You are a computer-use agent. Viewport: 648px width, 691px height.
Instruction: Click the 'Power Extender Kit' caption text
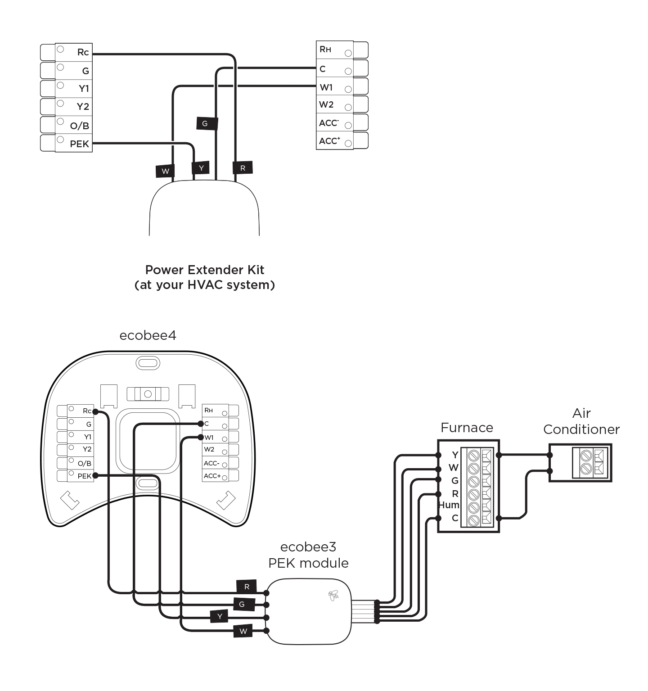[x=204, y=270]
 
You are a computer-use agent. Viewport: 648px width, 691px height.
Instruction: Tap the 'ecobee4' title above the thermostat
[x=148, y=336]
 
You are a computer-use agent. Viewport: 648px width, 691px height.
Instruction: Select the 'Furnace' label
[x=467, y=428]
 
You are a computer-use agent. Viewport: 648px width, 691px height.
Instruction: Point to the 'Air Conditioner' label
[x=581, y=421]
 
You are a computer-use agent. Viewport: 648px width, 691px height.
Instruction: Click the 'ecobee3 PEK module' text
[x=308, y=555]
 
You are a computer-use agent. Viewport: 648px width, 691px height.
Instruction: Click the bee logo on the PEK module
[x=333, y=596]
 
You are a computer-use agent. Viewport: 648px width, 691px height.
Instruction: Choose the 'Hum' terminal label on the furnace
[x=449, y=505]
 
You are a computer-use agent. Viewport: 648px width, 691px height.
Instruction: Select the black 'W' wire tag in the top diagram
[x=165, y=171]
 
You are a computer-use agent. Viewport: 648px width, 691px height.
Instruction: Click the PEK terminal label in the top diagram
[x=79, y=144]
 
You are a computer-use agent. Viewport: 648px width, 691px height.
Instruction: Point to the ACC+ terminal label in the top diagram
[x=329, y=141]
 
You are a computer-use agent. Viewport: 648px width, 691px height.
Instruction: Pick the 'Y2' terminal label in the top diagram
[x=83, y=107]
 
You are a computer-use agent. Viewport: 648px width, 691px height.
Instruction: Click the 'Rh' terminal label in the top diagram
[x=325, y=50]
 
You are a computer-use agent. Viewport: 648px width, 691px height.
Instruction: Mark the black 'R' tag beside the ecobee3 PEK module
[x=247, y=587]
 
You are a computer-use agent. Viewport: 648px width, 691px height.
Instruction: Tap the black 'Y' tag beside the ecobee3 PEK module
[x=220, y=616]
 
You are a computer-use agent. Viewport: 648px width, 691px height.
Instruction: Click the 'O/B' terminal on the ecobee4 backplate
[x=84, y=463]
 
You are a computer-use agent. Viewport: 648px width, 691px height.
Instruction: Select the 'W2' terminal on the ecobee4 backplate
[x=209, y=449]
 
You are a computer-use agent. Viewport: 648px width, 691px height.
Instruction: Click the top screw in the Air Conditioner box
[x=586, y=455]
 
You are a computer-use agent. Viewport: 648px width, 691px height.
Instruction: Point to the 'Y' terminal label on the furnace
[x=455, y=455]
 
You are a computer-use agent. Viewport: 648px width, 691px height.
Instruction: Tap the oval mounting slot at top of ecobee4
[x=148, y=363]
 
